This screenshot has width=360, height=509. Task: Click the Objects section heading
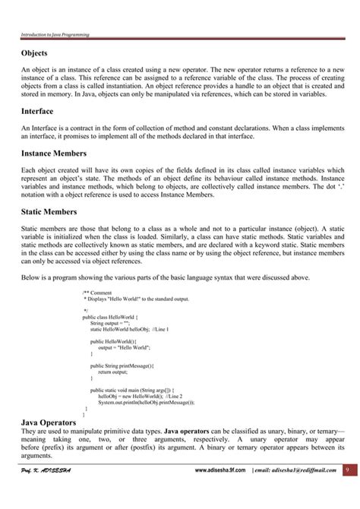click(34, 53)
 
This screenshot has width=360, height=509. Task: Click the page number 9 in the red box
click(347, 492)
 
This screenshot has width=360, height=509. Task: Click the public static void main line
click(126, 389)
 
